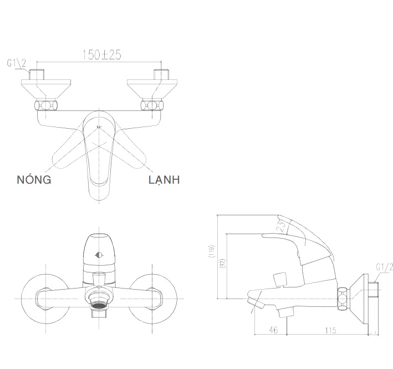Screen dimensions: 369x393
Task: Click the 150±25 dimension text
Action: coord(102,54)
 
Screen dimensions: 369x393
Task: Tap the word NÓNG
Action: coord(34,179)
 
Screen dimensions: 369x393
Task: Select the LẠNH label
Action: coord(164,179)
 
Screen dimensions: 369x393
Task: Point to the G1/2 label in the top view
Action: coord(17,64)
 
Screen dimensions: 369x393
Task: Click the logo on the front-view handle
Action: coord(99,255)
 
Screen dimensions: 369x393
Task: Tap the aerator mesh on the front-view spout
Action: coord(98,306)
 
